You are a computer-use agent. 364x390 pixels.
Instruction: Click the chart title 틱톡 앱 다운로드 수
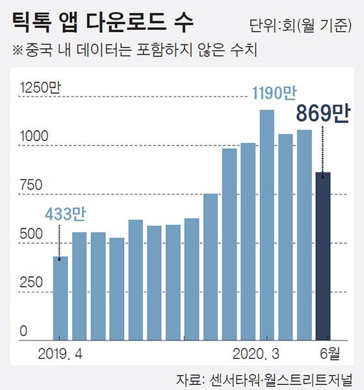103,23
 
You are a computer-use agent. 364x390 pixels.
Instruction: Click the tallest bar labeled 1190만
266,225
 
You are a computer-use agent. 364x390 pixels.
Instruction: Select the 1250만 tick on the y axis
39,88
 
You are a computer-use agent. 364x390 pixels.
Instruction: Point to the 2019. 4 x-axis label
60,354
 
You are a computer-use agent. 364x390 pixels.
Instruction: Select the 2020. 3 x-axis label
257,354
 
